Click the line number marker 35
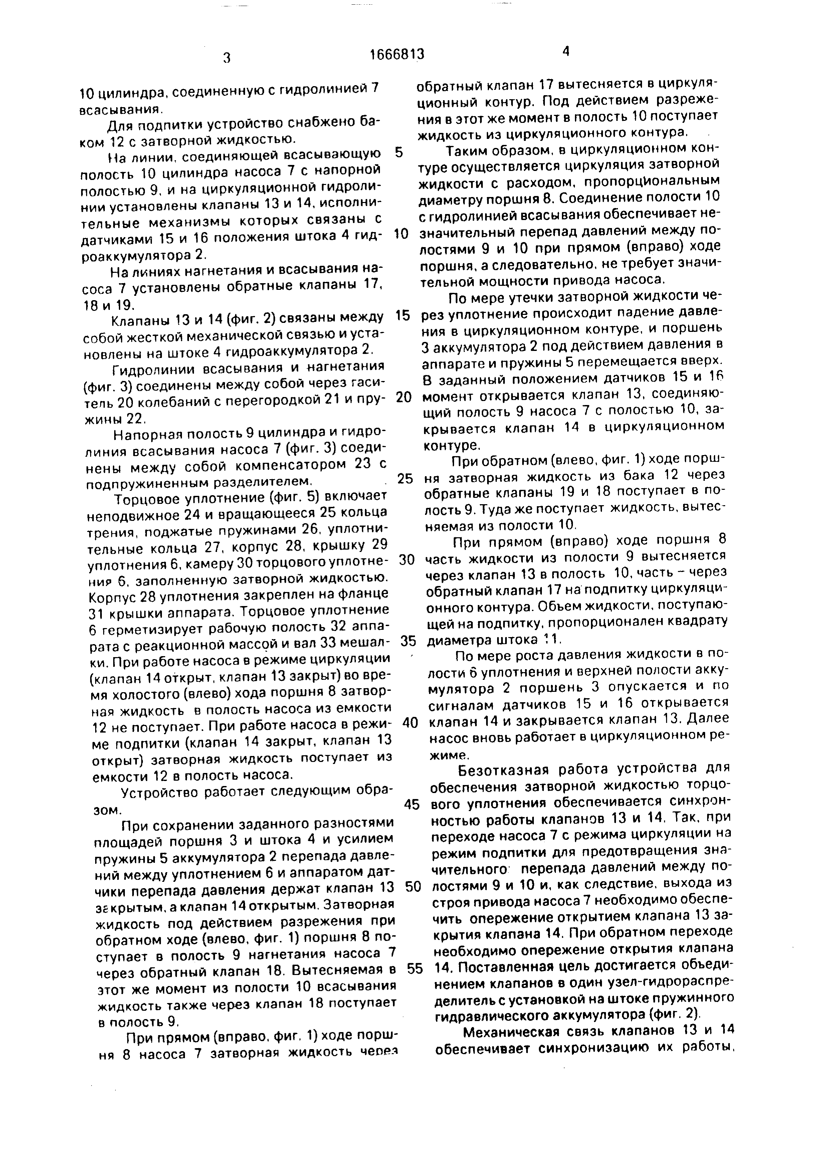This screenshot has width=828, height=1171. pyautogui.click(x=408, y=641)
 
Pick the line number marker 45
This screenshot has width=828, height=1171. pyautogui.click(x=411, y=804)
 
